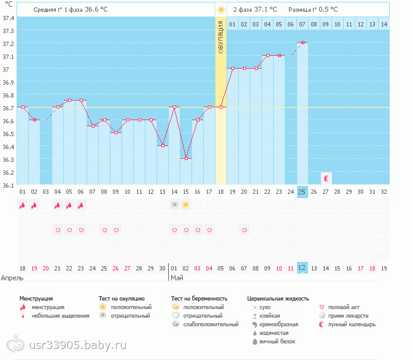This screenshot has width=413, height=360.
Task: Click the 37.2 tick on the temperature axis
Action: [x=9, y=44]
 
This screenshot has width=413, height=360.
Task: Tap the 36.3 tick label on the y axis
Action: [x=9, y=159]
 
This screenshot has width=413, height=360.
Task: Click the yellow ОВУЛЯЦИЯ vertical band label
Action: [x=221, y=37]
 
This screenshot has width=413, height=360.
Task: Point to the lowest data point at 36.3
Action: [x=186, y=158]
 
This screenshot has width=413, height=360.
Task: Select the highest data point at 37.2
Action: [x=303, y=43]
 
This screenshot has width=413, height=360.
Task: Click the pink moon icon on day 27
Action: [x=326, y=178]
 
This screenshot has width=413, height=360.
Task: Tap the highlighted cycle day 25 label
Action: [x=302, y=192]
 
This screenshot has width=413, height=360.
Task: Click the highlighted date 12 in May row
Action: [x=302, y=268]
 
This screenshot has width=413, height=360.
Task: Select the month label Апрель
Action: [x=13, y=277]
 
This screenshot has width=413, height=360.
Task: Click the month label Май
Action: [x=177, y=277]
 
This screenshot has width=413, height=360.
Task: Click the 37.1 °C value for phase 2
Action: [x=265, y=10]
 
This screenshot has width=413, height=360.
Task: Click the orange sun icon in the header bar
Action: [x=221, y=10]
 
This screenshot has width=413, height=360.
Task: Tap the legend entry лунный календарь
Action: [x=352, y=324]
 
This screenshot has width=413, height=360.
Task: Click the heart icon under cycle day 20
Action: [x=244, y=230]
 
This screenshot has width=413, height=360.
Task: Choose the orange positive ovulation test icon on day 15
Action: [x=186, y=204]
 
